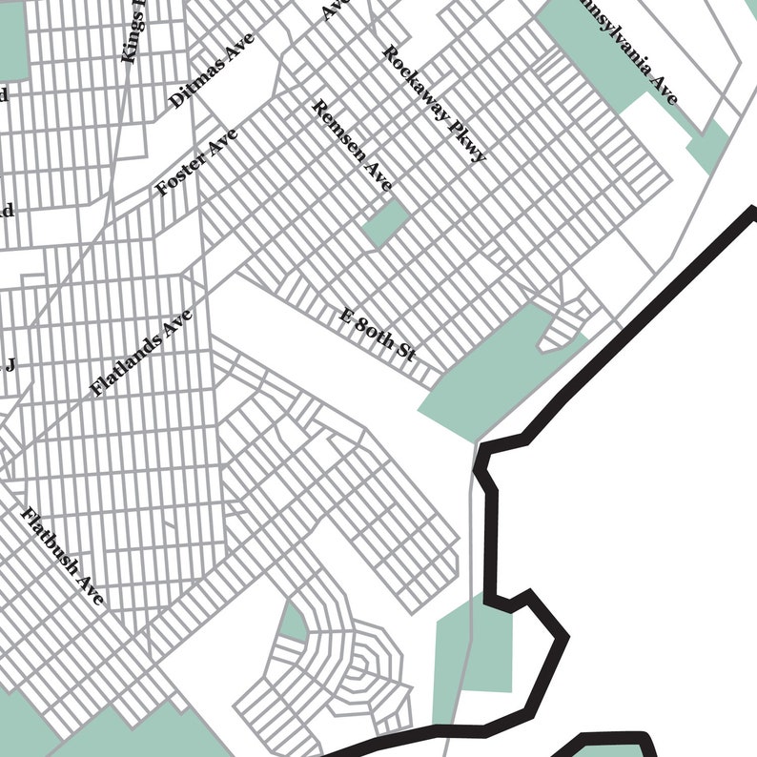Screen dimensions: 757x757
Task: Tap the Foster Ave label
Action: click(x=196, y=163)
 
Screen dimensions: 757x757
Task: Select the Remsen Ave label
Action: click(x=352, y=146)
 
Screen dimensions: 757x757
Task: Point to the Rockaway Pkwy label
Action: click(x=434, y=103)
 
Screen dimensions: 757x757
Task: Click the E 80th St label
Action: click(x=378, y=335)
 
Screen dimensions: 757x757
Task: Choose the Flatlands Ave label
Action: click(x=141, y=353)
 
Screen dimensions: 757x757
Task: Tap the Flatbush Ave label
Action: click(x=62, y=556)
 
